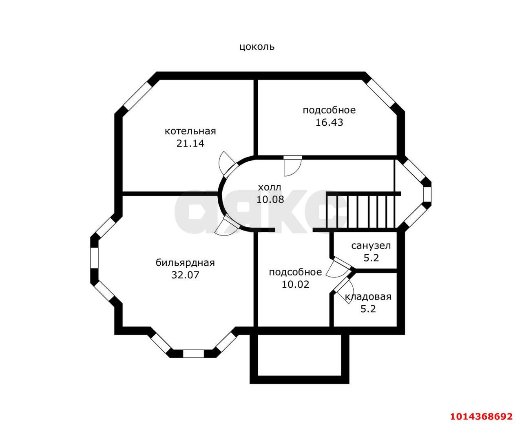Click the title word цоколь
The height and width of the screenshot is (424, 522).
pos(257,47)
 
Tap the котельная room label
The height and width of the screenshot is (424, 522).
pos(190,131)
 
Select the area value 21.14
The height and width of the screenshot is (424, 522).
pos(190,144)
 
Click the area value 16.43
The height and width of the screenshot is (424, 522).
pos(329,122)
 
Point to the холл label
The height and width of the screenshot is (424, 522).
pos(270,188)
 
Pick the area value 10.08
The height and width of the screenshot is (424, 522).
pos(270,200)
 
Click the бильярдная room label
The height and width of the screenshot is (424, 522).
pos(185,263)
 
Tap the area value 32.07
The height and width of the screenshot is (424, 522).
pos(185,275)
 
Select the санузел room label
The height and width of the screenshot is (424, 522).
pos(371,246)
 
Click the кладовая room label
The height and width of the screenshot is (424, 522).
pos(368,297)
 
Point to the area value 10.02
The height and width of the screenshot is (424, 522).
pos(295,284)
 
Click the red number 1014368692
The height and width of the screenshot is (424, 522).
pos(481,416)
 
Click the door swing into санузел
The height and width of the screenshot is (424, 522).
pos(338,267)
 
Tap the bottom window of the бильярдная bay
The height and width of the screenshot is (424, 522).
pos(193,353)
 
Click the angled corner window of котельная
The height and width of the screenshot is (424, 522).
pos(137,95)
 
